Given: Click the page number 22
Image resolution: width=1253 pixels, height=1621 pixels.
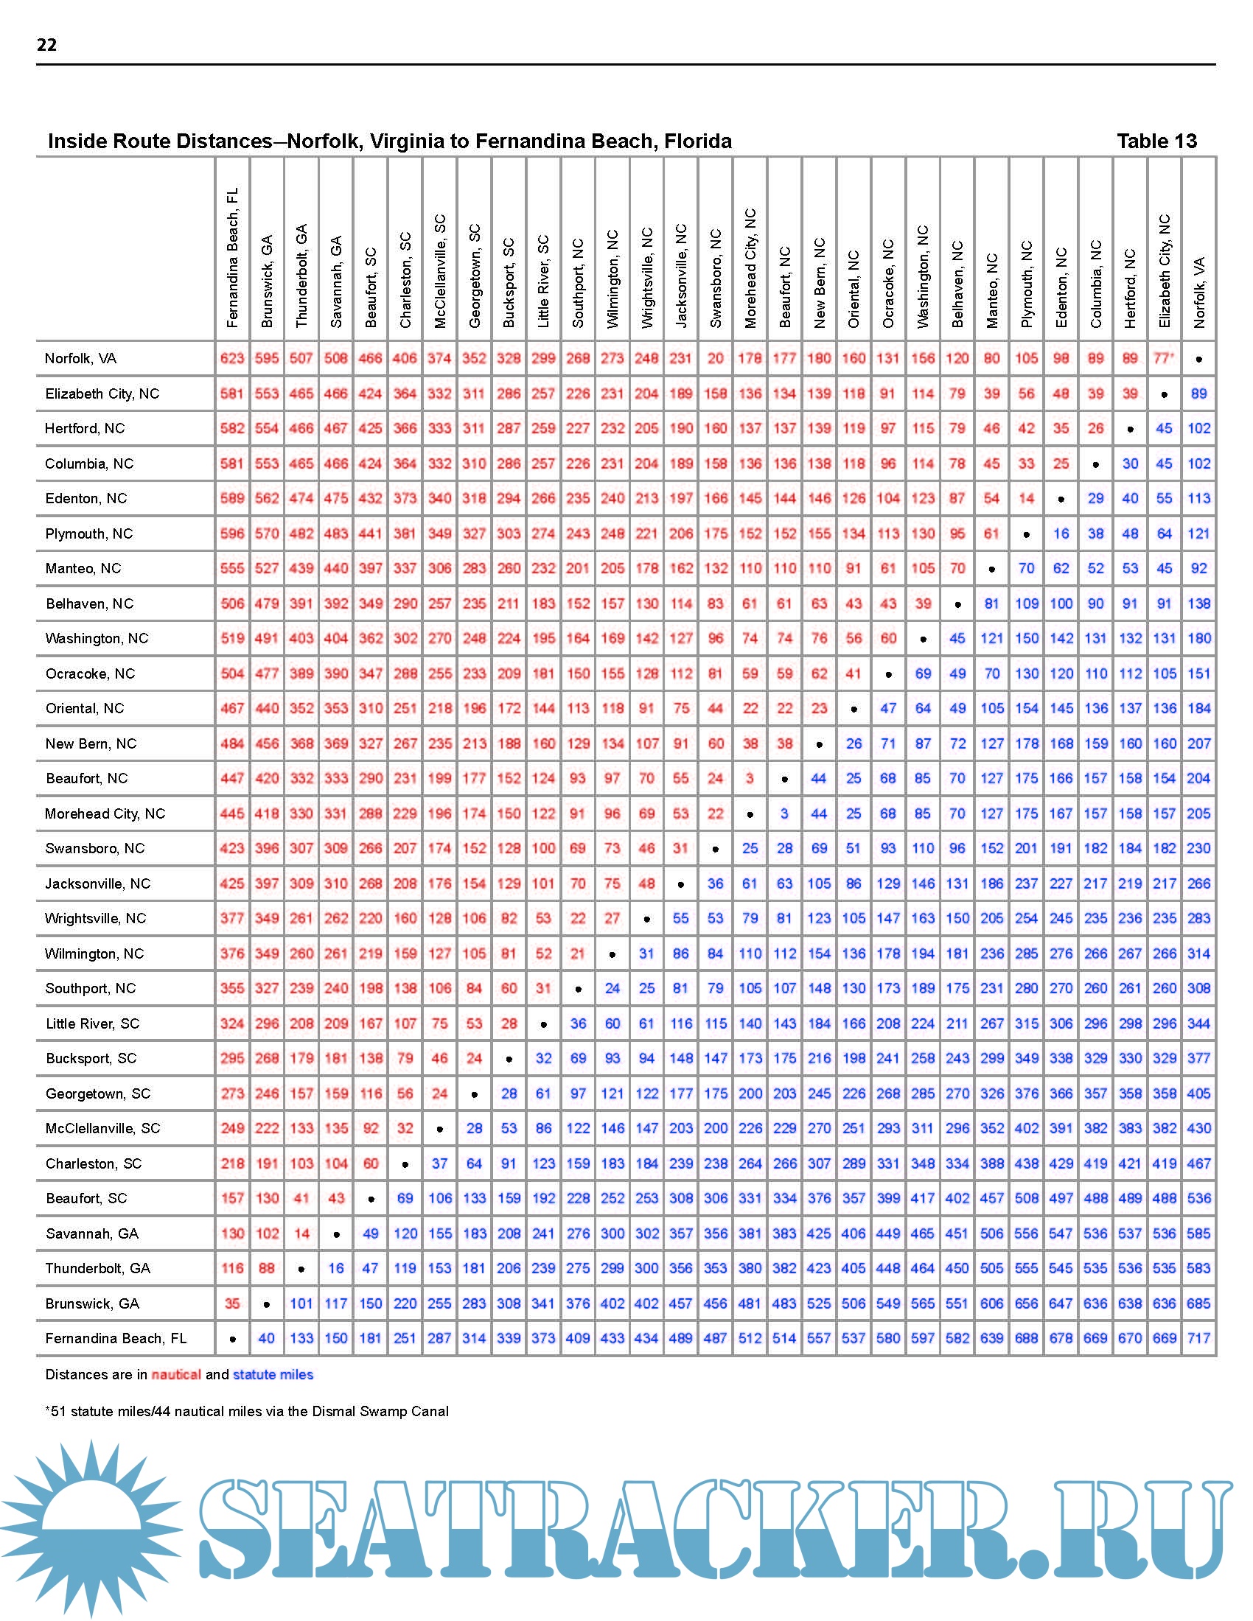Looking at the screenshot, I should (46, 44).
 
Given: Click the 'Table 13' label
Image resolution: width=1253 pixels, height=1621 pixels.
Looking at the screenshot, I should (1156, 141).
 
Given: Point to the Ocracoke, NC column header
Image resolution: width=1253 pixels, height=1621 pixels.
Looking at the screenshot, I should (889, 284).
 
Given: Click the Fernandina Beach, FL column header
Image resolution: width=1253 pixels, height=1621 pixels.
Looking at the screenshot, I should (232, 258).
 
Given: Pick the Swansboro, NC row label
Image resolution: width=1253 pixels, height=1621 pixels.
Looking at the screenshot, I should (94, 848).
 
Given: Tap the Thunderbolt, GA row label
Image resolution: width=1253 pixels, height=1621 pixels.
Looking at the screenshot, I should (97, 1269).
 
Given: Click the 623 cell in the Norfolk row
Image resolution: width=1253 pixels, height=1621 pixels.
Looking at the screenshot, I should (232, 359).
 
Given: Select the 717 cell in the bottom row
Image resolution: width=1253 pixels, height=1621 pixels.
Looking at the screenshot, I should (1198, 1338).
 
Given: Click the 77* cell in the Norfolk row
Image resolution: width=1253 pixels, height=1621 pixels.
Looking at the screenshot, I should (1164, 359).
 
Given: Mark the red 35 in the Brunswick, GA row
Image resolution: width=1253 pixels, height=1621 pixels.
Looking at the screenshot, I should (232, 1303).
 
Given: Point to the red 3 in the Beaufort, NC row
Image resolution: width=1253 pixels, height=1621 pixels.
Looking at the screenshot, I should (750, 779).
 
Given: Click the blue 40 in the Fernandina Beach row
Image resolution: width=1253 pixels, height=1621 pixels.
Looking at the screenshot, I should (267, 1338).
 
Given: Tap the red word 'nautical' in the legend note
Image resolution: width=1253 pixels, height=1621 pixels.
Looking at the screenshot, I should (176, 1375).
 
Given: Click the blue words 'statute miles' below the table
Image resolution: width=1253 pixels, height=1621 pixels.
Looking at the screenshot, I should (273, 1375).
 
